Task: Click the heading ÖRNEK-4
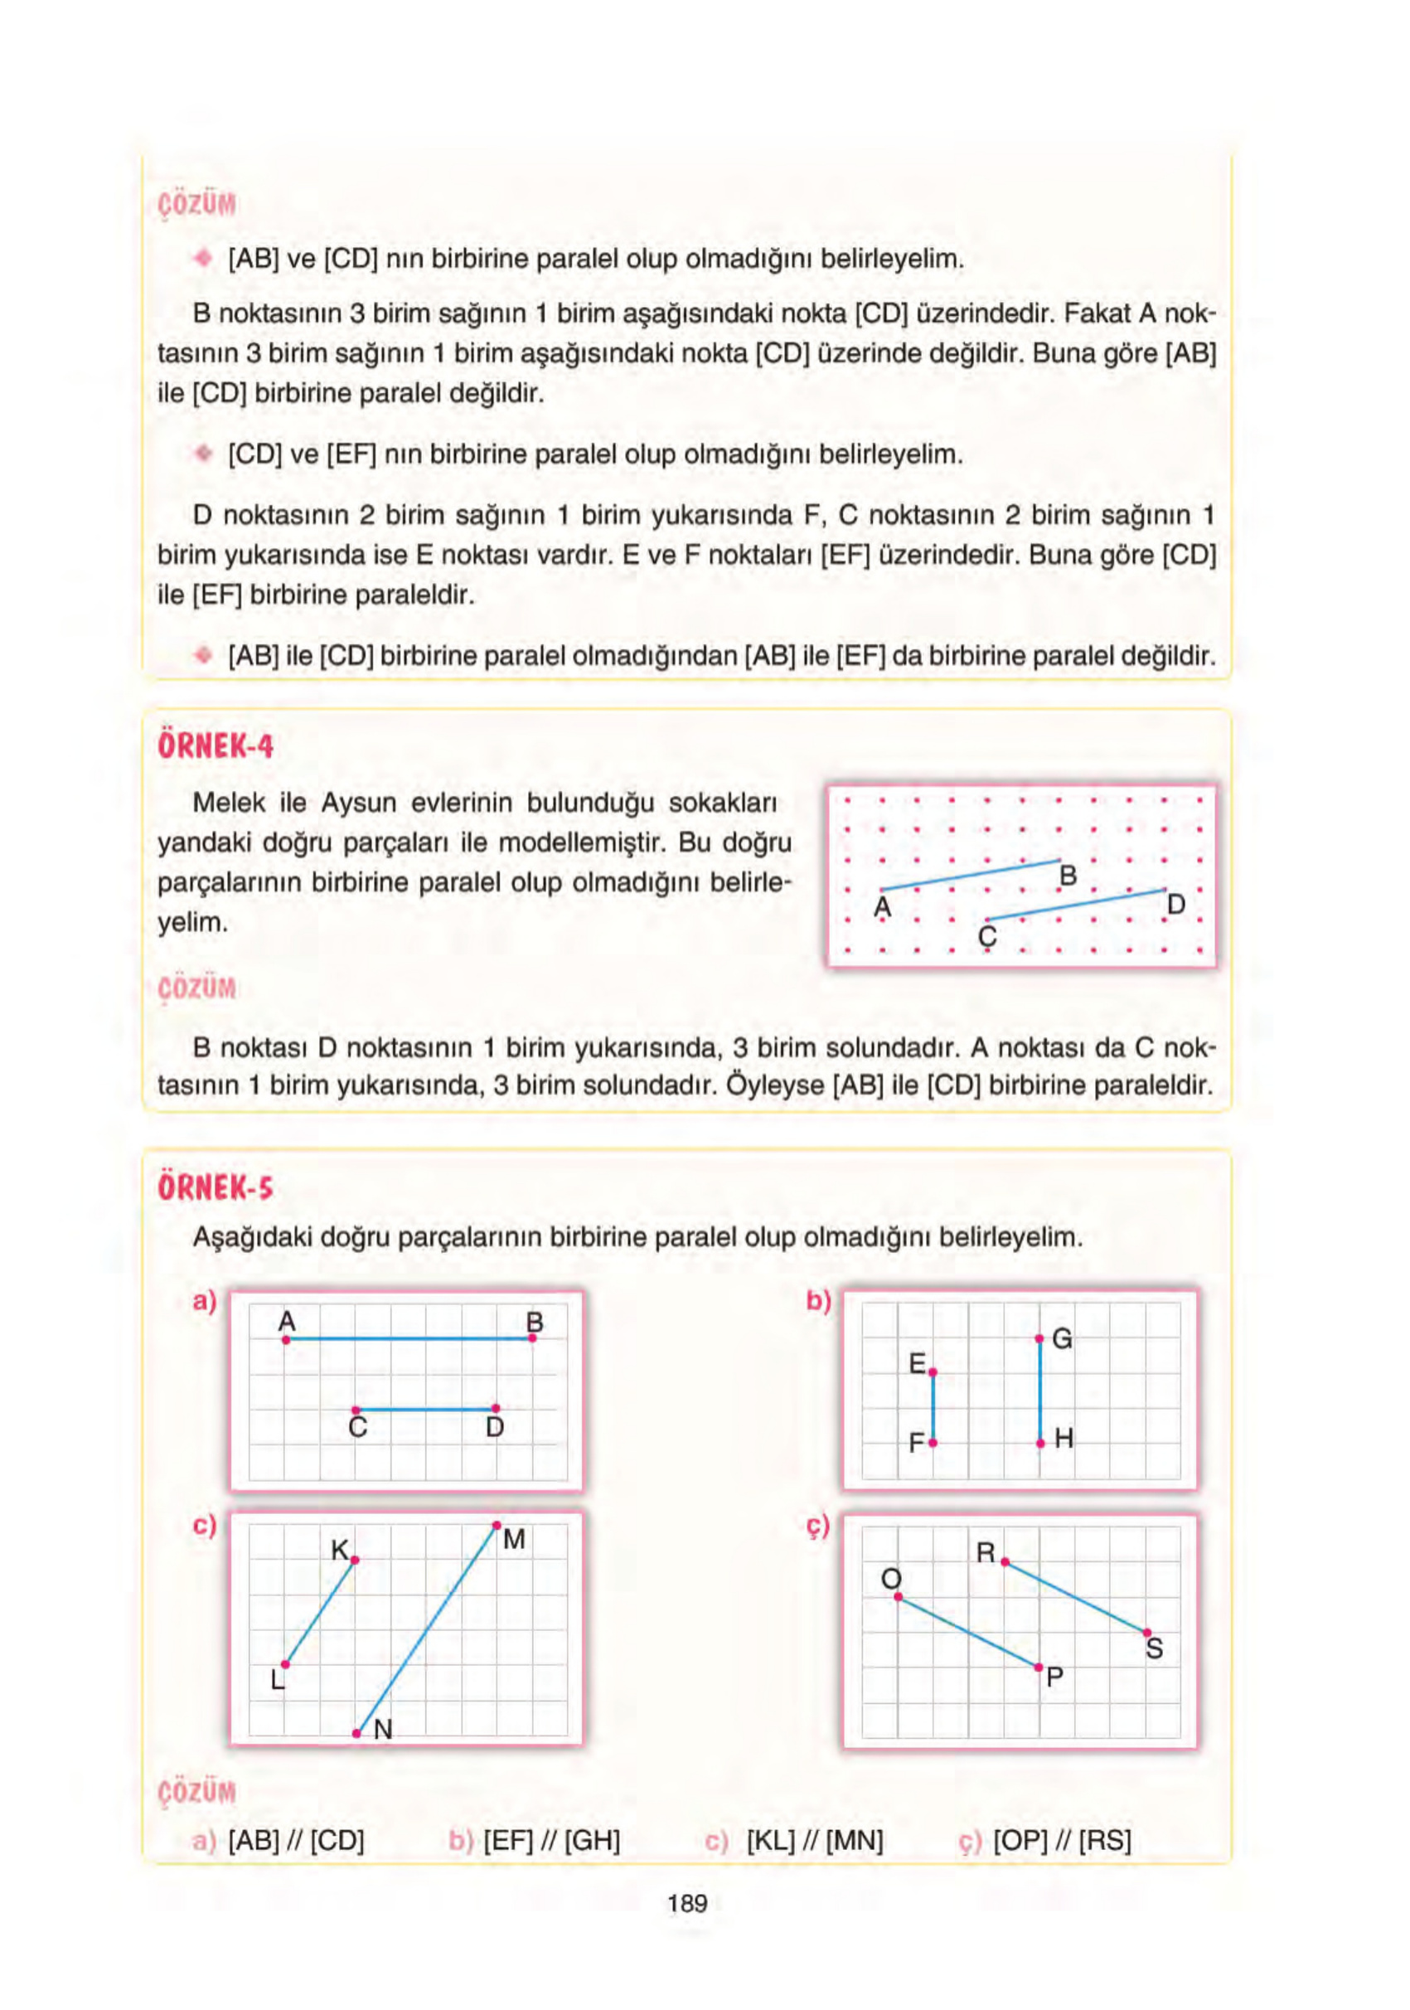216,747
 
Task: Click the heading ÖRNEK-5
216,1188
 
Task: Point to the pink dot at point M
497,1526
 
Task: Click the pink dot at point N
356,1733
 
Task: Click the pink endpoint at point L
285,1664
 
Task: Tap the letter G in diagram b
1062,1338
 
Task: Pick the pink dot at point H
1039,1443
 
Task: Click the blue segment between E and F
933,1408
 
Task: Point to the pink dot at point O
898,1597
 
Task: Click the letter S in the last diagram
1155,1649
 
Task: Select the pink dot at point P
1039,1668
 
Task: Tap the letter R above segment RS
986,1553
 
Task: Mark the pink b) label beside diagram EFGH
818,1302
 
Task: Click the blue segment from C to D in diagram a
425,1410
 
